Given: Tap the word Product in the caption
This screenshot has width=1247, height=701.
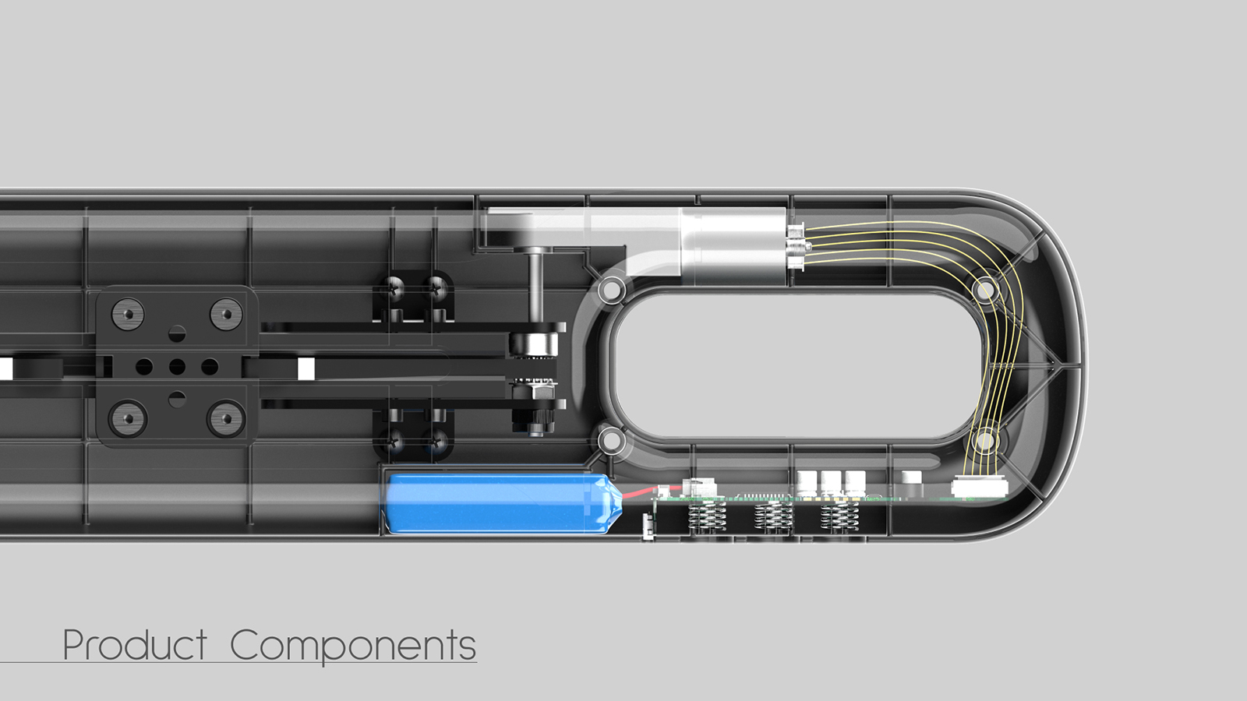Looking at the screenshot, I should (134, 646).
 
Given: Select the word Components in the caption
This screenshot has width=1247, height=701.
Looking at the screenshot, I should (352, 646).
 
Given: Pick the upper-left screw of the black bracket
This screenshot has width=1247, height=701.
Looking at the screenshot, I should (128, 315).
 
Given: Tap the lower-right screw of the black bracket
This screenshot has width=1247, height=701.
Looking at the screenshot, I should (226, 419).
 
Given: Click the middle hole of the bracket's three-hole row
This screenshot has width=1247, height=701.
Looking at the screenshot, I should (177, 366).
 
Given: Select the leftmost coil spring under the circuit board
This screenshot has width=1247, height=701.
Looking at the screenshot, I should (708, 516).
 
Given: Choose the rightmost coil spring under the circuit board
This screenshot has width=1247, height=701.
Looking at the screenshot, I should (839, 516).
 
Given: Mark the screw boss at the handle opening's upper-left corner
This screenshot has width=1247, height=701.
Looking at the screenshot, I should (611, 291).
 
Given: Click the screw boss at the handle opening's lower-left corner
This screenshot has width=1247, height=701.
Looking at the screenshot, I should (611, 441).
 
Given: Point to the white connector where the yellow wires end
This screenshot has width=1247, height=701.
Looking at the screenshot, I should (979, 488).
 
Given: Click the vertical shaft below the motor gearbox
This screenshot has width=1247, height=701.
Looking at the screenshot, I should (536, 288).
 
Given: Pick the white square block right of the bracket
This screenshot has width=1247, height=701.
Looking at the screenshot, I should (306, 368).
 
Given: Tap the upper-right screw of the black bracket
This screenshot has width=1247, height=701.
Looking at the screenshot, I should (226, 315).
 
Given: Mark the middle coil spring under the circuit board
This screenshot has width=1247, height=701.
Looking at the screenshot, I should (773, 516).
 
